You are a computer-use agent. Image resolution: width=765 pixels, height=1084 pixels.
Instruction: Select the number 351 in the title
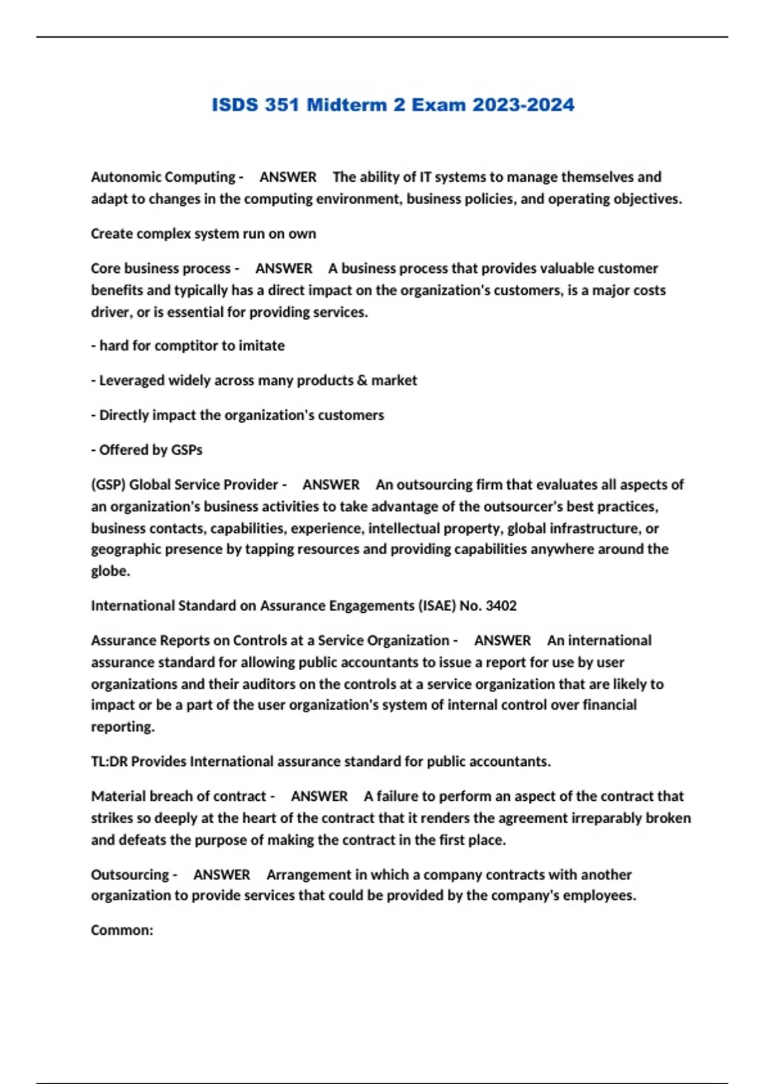click(x=282, y=105)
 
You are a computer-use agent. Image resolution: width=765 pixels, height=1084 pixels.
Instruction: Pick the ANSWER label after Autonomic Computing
click(x=288, y=177)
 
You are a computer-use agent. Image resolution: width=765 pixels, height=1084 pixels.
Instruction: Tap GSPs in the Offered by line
click(x=186, y=450)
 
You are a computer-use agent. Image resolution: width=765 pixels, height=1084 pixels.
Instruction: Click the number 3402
click(x=501, y=606)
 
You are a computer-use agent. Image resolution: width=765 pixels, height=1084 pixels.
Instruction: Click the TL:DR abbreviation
click(x=109, y=761)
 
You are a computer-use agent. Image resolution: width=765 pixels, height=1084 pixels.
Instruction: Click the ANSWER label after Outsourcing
click(x=221, y=875)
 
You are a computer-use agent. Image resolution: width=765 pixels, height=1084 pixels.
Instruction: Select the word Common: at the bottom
click(x=122, y=930)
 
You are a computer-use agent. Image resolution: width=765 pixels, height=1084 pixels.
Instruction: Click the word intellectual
click(x=404, y=529)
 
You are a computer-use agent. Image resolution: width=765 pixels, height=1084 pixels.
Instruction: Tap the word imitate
click(x=261, y=346)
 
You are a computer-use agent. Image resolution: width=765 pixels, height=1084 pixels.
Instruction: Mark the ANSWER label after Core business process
click(x=284, y=268)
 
